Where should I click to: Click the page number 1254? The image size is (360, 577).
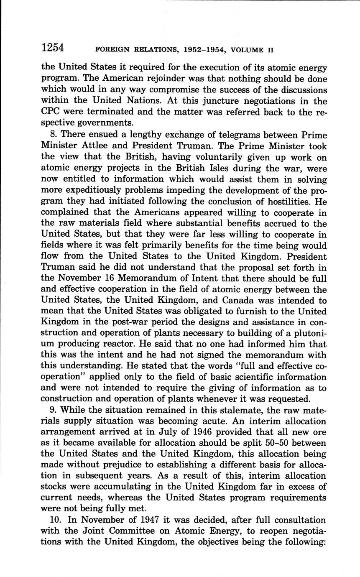[53, 48]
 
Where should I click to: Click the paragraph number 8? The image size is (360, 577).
[51, 135]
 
